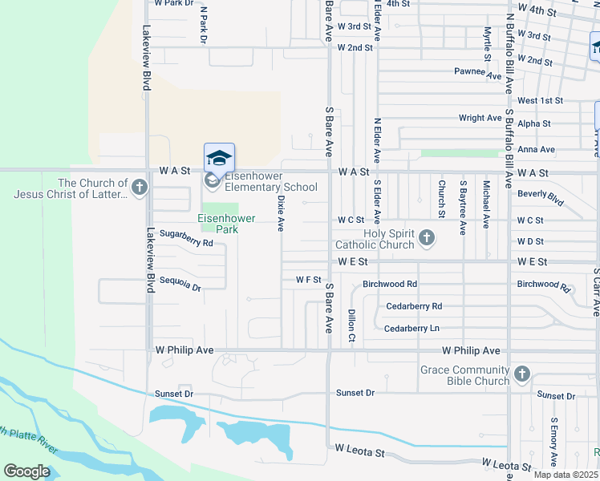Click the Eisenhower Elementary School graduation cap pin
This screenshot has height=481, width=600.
[219, 157]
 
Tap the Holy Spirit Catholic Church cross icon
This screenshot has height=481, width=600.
[426, 237]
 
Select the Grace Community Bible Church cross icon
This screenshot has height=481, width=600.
[521, 374]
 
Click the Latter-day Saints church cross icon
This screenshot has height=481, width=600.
[140, 188]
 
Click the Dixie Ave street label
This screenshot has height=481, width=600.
[281, 214]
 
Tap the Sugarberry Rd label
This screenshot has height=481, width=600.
[186, 234]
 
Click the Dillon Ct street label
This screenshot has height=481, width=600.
[351, 324]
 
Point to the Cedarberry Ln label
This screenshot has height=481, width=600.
[411, 329]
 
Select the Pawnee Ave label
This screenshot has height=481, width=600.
[477, 71]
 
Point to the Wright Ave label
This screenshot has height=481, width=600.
[480, 118]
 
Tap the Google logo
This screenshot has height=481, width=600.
[27, 471]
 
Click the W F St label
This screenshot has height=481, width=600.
[308, 280]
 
